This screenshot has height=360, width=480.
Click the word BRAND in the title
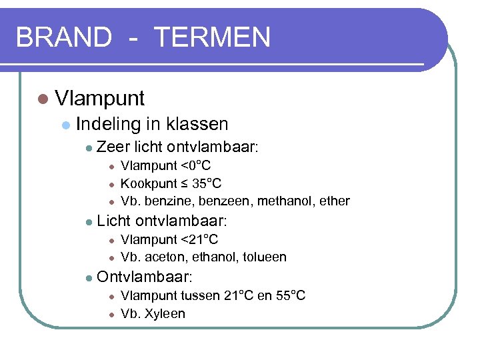(63, 37)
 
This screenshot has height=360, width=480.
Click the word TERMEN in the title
(212, 37)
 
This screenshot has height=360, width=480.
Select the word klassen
(197, 124)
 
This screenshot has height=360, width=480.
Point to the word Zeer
(113, 147)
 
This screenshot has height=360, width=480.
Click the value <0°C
(196, 165)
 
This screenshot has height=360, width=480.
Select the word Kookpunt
(148, 183)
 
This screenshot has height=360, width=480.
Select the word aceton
(162, 257)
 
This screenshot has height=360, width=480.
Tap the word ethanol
(209, 257)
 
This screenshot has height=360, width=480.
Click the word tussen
(202, 295)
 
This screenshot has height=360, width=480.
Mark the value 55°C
(289, 295)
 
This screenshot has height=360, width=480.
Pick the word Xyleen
(163, 313)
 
